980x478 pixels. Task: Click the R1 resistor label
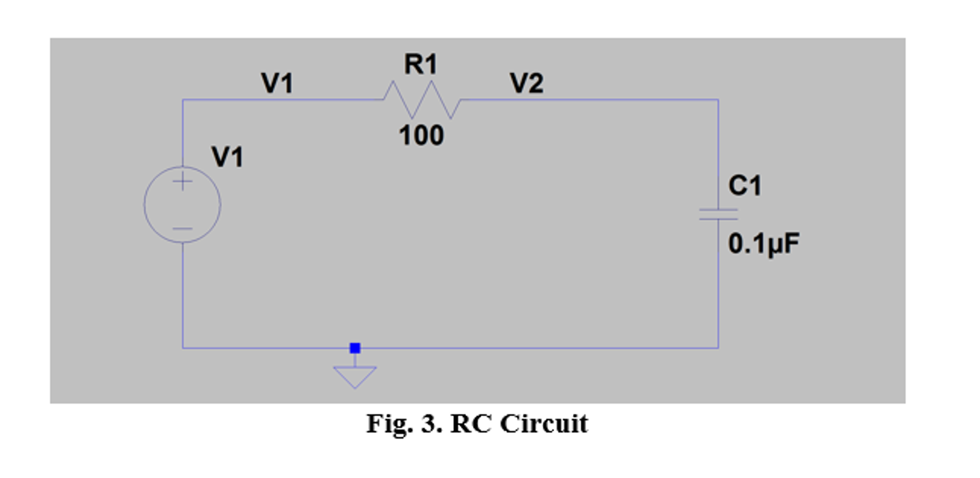click(x=421, y=64)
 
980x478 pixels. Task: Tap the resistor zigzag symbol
click(x=422, y=100)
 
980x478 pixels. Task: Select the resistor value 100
click(x=421, y=136)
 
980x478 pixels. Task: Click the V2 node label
click(x=526, y=83)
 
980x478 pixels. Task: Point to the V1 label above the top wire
click(x=277, y=83)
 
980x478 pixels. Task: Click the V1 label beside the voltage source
click(x=227, y=157)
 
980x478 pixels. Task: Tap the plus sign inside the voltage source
click(x=182, y=182)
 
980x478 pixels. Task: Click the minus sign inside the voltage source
click(x=182, y=228)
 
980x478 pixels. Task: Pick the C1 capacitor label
click(x=744, y=185)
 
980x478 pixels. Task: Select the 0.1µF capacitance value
click(x=763, y=243)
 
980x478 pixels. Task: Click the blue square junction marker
click(x=355, y=348)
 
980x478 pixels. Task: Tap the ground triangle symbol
click(x=355, y=376)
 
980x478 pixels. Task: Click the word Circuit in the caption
click(x=544, y=423)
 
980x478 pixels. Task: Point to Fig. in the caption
click(x=389, y=423)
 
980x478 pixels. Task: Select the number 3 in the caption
click(x=429, y=423)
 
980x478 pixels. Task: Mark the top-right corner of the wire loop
click(x=718, y=100)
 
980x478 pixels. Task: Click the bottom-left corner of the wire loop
click(x=182, y=348)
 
